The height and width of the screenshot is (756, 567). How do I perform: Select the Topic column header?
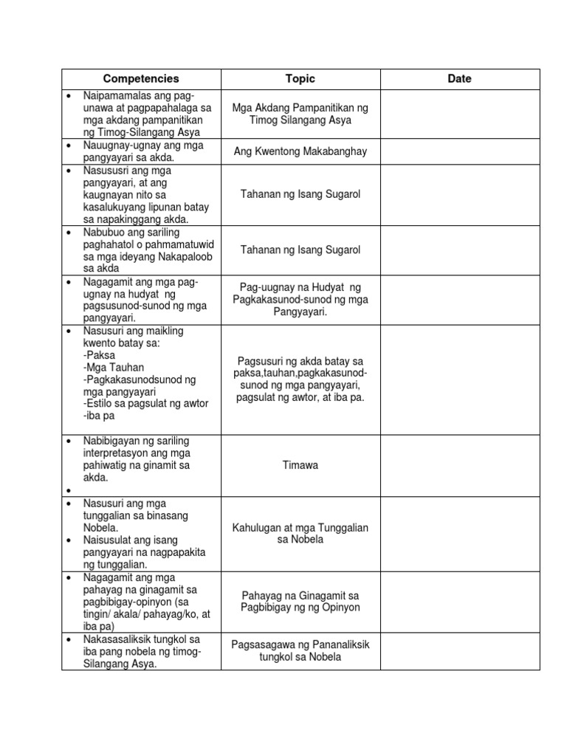(x=300, y=79)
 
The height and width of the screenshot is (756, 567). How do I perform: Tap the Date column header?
(x=459, y=79)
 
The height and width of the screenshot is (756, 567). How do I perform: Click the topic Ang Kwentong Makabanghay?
(x=300, y=151)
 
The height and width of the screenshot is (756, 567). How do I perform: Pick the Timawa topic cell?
(x=300, y=465)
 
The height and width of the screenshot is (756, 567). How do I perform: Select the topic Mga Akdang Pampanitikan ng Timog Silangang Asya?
(x=300, y=114)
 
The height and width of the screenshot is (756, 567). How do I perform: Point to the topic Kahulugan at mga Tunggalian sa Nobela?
(x=300, y=533)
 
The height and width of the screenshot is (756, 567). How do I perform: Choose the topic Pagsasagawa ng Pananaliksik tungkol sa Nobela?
(x=300, y=650)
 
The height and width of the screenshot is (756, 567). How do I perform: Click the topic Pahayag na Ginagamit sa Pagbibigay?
(x=300, y=601)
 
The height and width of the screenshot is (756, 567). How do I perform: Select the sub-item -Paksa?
(x=99, y=355)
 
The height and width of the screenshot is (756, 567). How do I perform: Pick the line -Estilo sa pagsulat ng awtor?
(x=146, y=404)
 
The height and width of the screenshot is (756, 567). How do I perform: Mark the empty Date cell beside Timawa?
(x=459, y=465)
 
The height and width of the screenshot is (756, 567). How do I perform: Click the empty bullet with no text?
(x=68, y=490)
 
